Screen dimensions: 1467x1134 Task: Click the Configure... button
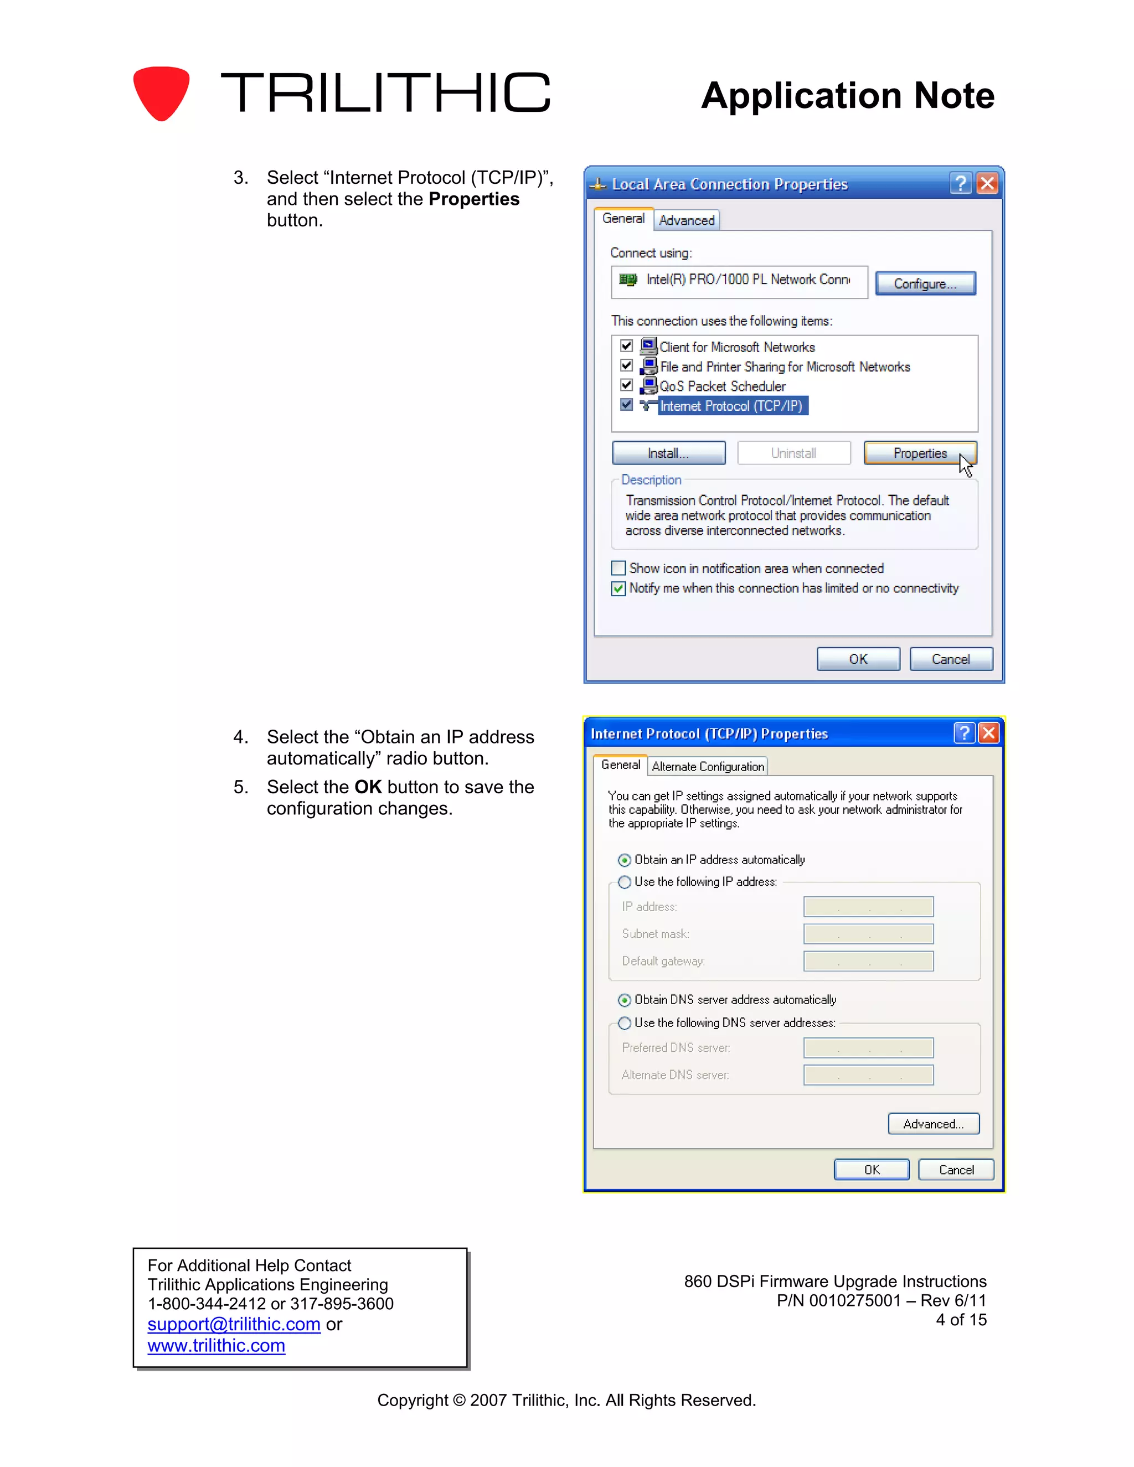925,283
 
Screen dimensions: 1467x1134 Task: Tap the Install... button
668,453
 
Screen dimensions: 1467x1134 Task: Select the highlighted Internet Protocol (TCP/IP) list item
731,406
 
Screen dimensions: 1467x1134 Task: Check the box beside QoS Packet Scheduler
627,385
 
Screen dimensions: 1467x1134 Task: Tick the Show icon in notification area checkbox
618,569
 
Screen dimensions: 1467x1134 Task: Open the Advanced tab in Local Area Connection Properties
687,220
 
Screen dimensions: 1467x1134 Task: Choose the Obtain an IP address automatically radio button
625,860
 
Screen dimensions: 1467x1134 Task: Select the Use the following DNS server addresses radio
625,1023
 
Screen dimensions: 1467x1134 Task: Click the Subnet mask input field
868,934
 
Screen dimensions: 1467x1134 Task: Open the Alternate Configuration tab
708,766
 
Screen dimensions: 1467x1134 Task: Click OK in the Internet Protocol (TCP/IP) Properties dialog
872,1169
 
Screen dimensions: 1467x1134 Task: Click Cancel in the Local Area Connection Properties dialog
951,659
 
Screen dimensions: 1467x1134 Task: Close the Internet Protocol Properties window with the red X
988,733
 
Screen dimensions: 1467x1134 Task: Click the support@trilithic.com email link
234,1324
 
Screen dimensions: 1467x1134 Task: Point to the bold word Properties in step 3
473,199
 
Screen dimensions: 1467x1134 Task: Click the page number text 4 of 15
961,1320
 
